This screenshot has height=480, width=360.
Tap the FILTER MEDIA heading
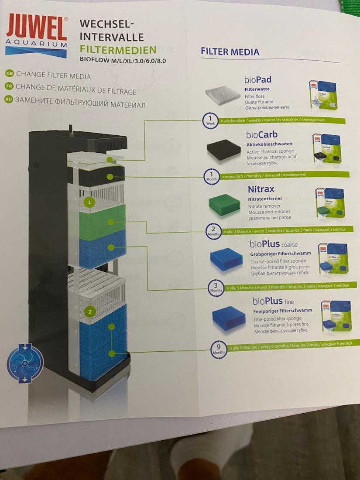tap(230, 52)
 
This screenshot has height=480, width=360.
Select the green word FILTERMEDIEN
tap(118, 49)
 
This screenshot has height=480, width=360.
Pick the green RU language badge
tap(8, 99)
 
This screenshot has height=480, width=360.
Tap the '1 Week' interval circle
tap(210, 120)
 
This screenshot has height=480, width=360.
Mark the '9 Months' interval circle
tap(218, 349)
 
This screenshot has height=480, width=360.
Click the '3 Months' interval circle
tap(216, 288)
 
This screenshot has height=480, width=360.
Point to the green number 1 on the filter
tap(89, 202)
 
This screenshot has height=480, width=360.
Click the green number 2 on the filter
tap(89, 312)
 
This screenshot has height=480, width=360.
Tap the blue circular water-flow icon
tap(25, 363)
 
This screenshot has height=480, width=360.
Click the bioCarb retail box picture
tap(326, 149)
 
